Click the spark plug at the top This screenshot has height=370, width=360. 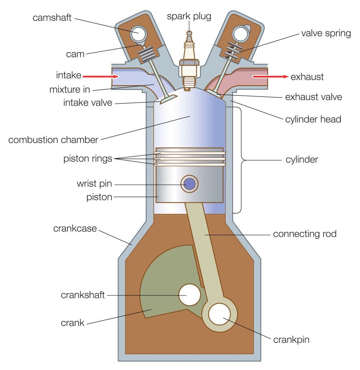189,61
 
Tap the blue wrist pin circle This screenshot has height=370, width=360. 190,184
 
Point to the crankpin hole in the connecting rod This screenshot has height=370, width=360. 219,314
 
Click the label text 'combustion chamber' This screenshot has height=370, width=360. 53,139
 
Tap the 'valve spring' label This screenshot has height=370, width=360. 326,34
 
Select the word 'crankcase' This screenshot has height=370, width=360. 75,228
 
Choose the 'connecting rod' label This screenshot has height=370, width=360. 304,234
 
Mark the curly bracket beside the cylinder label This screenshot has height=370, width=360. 239,160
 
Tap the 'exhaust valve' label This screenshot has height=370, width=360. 313,97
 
